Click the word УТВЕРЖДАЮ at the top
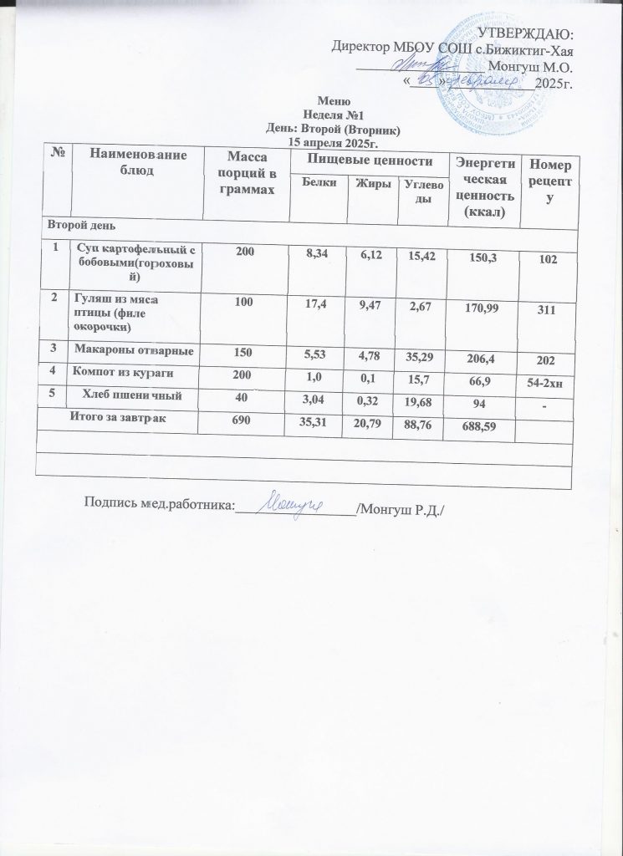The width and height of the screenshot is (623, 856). (525, 33)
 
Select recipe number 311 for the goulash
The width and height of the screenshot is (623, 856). (547, 310)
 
